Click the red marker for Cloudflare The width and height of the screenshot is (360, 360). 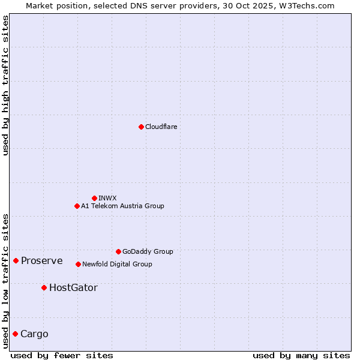[x=141, y=127]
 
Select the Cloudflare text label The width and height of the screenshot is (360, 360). [x=161, y=127]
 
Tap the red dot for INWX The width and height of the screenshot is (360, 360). [x=94, y=198]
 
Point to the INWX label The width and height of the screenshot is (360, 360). [x=107, y=198]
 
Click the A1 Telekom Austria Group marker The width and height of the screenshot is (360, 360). [x=77, y=206]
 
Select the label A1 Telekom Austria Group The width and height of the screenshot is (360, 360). [x=122, y=206]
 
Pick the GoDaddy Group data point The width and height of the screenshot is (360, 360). [x=118, y=251]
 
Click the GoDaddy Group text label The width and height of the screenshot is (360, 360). [x=148, y=251]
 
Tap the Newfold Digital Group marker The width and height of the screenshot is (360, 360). [x=78, y=264]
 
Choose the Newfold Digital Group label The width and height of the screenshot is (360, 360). [x=117, y=264]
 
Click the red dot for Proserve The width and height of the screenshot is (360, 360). [x=16, y=260]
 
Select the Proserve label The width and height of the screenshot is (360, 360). [x=41, y=260]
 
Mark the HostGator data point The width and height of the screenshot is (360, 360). [x=44, y=287]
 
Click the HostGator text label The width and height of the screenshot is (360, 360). [x=73, y=287]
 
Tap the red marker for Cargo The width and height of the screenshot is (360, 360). [x=15, y=334]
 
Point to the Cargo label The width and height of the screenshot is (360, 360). [x=34, y=334]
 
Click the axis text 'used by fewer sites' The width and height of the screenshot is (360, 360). [x=62, y=355]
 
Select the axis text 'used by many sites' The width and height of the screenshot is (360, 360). [x=301, y=355]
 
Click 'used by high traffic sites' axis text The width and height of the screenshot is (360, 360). [x=5, y=85]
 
